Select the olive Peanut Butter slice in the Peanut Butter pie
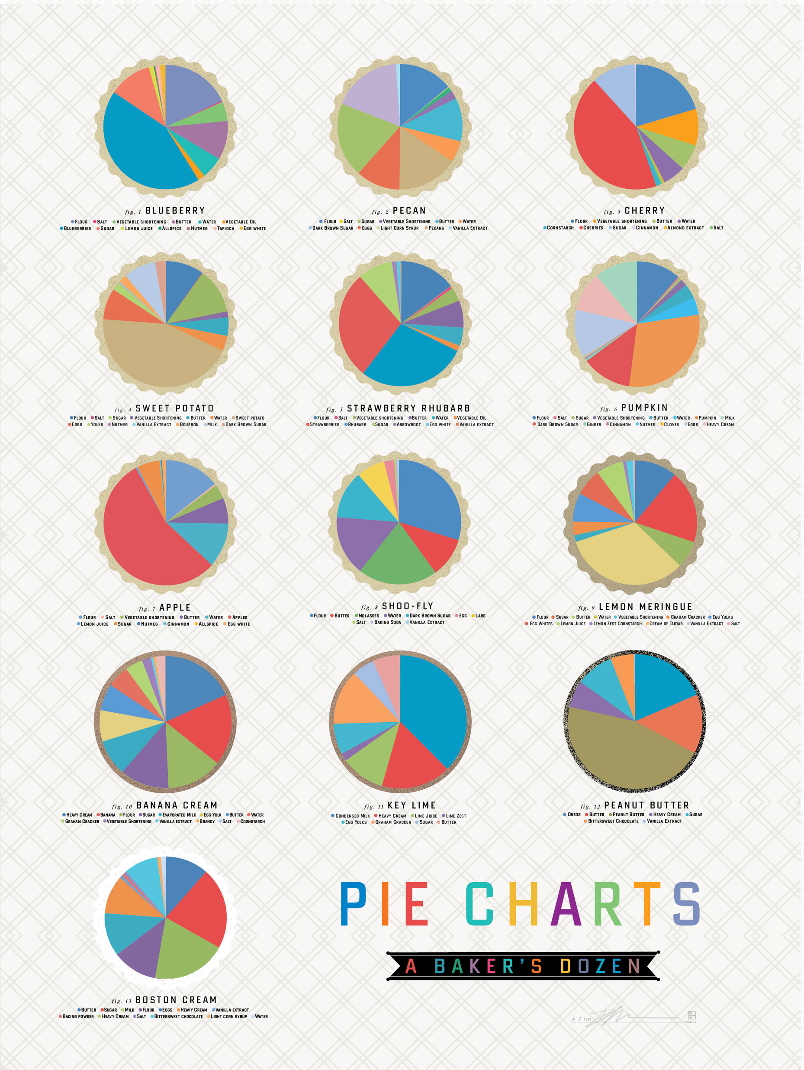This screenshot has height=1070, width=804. [624, 750]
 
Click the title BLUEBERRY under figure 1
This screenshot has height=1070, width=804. [175, 211]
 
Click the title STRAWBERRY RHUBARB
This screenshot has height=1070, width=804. [408, 409]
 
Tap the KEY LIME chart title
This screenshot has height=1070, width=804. [412, 805]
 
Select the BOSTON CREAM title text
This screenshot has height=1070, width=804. [176, 1000]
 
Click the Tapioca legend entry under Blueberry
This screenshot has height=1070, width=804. [225, 228]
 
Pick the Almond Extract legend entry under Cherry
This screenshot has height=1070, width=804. [685, 228]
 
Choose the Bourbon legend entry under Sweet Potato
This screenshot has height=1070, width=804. [189, 425]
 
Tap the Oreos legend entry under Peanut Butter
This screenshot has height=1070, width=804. [574, 815]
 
